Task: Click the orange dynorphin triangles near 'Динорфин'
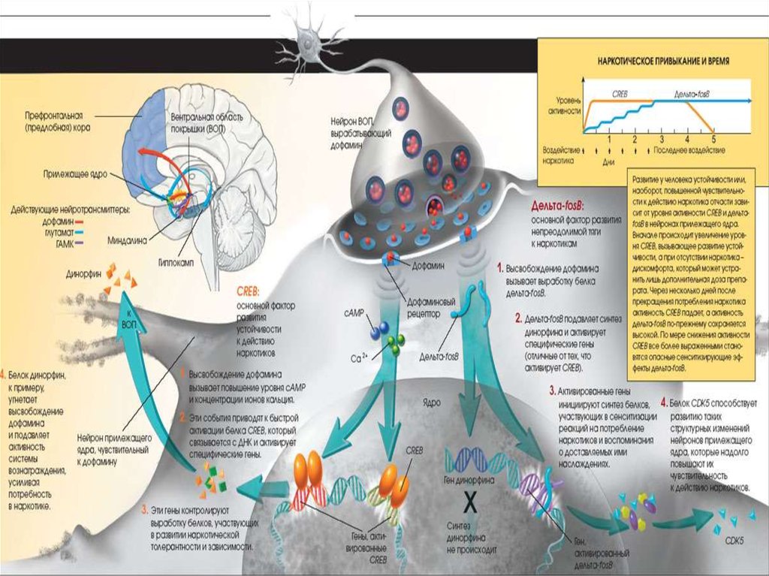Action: pos(117,276)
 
